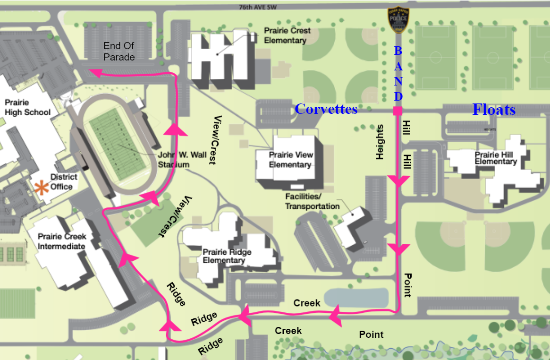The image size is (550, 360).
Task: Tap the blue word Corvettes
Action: pyautogui.click(x=326, y=109)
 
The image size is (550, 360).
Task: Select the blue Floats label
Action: pyautogui.click(x=494, y=110)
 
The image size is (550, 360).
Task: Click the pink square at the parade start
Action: pyautogui.click(x=398, y=111)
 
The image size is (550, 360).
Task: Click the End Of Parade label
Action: pyautogui.click(x=119, y=51)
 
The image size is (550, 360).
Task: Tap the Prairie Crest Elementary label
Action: pyautogui.click(x=287, y=35)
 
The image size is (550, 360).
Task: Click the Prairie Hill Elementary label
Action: pyautogui.click(x=496, y=158)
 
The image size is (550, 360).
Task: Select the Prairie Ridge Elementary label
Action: pyautogui.click(x=227, y=256)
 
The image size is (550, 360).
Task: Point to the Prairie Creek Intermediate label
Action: pyautogui.click(x=61, y=241)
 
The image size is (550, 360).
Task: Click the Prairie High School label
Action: pyautogui.click(x=27, y=107)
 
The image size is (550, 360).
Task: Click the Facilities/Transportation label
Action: pyautogui.click(x=312, y=201)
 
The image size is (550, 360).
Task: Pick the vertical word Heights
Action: pyautogui.click(x=379, y=142)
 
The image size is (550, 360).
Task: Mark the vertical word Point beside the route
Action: pyautogui.click(x=408, y=284)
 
